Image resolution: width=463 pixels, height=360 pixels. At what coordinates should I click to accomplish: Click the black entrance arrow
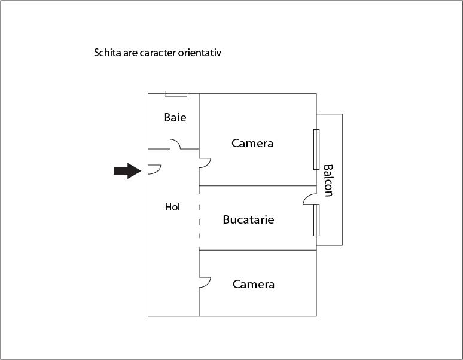pyautogui.click(x=127, y=171)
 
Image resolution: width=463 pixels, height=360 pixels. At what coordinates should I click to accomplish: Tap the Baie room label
pyautogui.click(x=175, y=117)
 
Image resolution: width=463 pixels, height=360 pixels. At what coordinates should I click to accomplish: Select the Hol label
pyautogui.click(x=172, y=207)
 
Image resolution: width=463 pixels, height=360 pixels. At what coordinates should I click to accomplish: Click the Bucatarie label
pyautogui.click(x=248, y=220)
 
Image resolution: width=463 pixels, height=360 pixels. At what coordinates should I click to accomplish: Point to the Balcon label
pyautogui.click(x=328, y=181)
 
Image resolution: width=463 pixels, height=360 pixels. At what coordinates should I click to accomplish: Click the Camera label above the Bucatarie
pyautogui.click(x=252, y=144)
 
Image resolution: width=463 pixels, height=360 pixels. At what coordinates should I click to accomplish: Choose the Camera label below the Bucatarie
pyautogui.click(x=254, y=285)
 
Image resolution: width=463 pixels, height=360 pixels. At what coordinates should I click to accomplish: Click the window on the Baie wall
pyautogui.click(x=176, y=94)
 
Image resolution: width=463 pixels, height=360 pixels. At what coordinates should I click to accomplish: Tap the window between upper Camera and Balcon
pyautogui.click(x=316, y=150)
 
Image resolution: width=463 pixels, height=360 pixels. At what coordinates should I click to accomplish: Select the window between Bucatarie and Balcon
pyautogui.click(x=316, y=220)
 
